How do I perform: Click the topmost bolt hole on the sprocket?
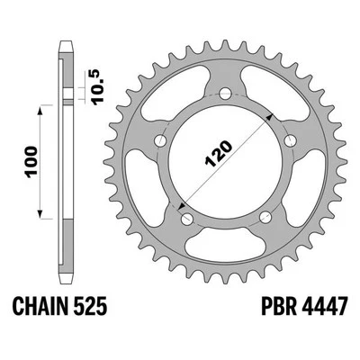pos(223,92)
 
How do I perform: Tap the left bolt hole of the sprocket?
pos(160,139)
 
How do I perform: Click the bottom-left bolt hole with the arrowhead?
pos(185,218)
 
